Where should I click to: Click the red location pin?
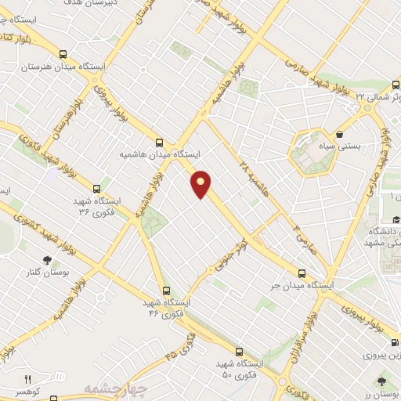[202, 184]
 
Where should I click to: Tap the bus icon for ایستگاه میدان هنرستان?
[63, 54]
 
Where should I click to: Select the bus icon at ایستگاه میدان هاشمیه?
[159, 142]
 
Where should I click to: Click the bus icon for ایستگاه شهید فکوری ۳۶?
[96, 188]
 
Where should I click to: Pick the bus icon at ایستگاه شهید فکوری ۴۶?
[164, 291]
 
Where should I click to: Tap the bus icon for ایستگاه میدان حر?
[302, 273]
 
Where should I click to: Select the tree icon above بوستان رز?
[381, 381]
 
